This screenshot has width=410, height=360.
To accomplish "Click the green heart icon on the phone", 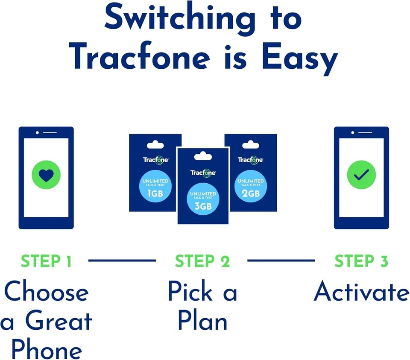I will click(x=46, y=174).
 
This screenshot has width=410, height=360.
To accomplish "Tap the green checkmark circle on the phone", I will click(x=361, y=174).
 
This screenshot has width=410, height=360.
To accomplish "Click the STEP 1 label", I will click(x=46, y=261).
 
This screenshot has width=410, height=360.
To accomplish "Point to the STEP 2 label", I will click(x=202, y=261).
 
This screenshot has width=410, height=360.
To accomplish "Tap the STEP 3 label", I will click(x=361, y=261).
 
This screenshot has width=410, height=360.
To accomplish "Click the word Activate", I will click(x=361, y=293).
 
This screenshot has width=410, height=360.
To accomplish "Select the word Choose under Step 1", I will click(x=46, y=293).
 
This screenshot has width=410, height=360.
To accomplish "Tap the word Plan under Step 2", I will click(x=202, y=321).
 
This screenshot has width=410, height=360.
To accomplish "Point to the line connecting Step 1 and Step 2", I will click(x=122, y=260).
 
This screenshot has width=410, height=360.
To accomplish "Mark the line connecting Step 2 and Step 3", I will click(x=281, y=260).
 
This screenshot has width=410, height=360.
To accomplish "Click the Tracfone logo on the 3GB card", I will click(x=203, y=173).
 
